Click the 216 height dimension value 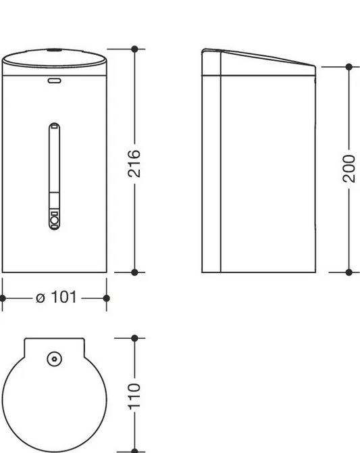coord(134,163)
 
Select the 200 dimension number coord(349,169)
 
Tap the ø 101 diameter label coord(56,297)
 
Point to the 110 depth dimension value coord(134,396)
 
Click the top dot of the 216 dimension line coord(134,49)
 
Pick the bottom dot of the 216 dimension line coord(134,272)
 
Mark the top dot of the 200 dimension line coord(349,67)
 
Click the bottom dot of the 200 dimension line coord(349,272)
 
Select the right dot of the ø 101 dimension coord(106,298)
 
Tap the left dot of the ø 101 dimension coord(2,298)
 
